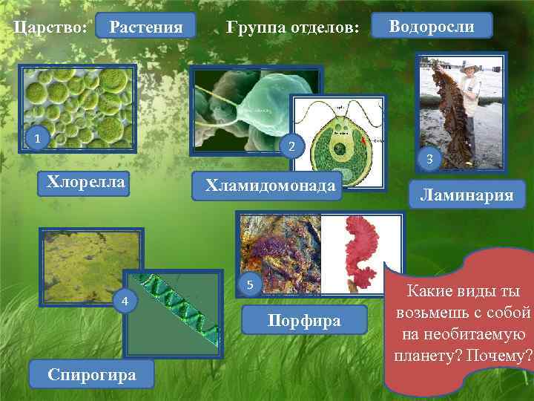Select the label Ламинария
click(x=466, y=195)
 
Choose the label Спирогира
click(x=91, y=374)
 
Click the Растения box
click(x=145, y=27)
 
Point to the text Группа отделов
click(x=293, y=28)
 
